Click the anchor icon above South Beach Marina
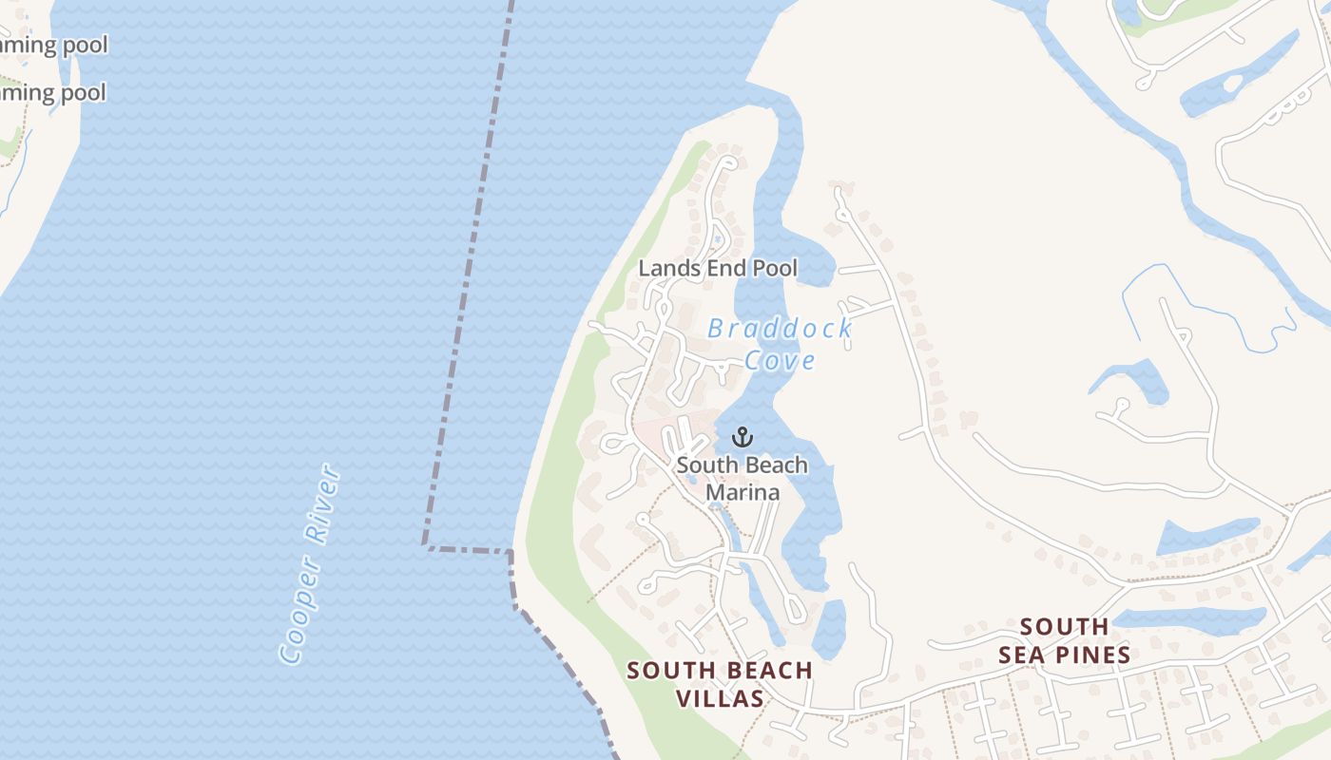pyautogui.click(x=743, y=438)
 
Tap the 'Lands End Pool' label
pyautogui.click(x=718, y=269)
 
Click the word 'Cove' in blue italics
pyautogui.click(x=780, y=361)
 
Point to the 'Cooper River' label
pyautogui.click(x=310, y=563)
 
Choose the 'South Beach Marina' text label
pyautogui.click(x=742, y=478)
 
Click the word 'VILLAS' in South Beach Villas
pyautogui.click(x=720, y=699)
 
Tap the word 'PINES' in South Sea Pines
pyautogui.click(x=1091, y=655)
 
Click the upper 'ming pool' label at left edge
pyautogui.click(x=53, y=45)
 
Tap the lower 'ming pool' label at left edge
pyautogui.click(x=53, y=93)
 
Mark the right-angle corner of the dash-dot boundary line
pyautogui.click(x=425, y=546)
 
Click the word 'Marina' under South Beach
pyautogui.click(x=743, y=492)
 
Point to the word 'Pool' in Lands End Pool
pyautogui.click(x=775, y=269)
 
